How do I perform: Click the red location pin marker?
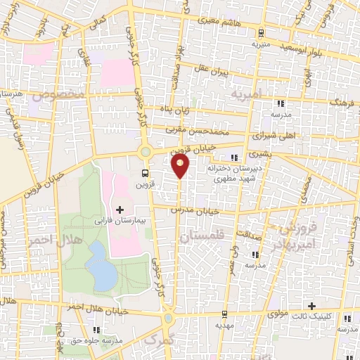coord(181,167)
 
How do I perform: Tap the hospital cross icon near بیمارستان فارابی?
coord(120,210)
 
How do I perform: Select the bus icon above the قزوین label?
coord(145,173)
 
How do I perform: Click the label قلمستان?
coord(201,238)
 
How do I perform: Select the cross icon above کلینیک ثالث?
coord(312,306)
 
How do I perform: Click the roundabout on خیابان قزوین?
coord(146,151)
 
